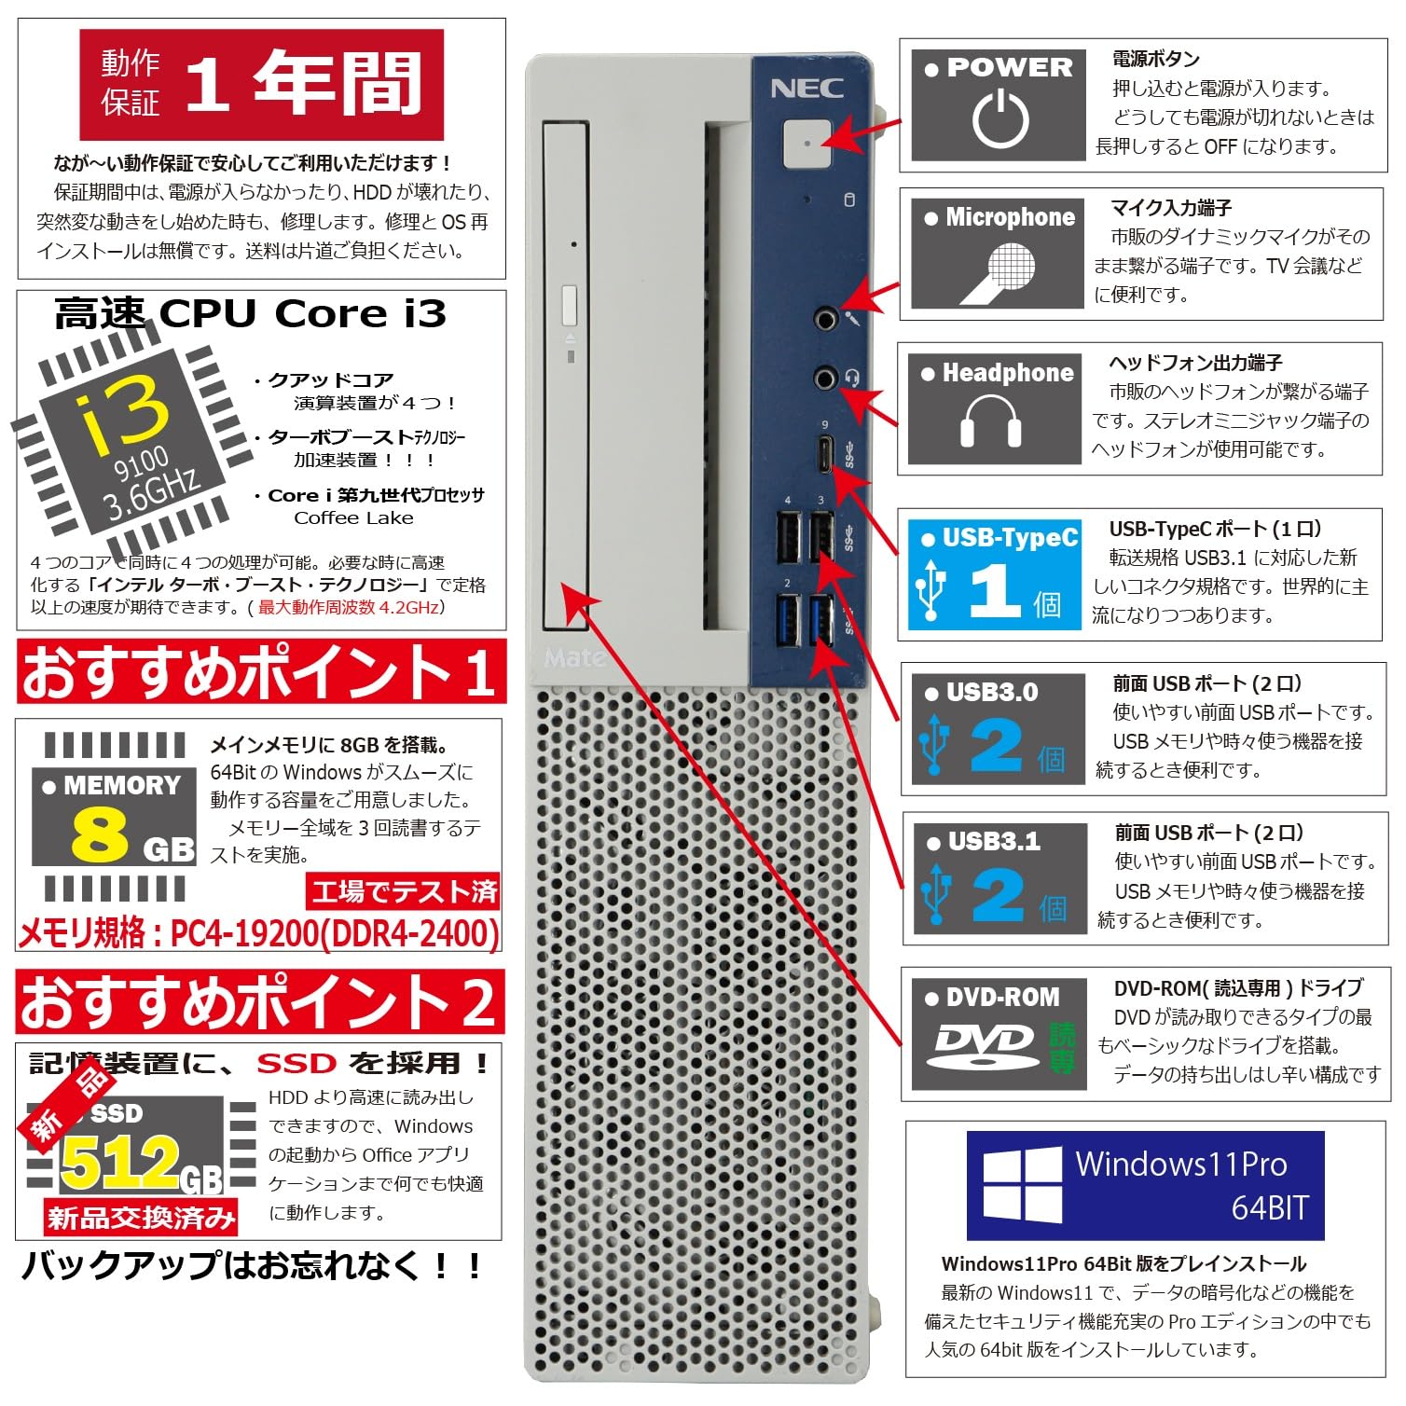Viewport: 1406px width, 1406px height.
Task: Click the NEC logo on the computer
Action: (806, 89)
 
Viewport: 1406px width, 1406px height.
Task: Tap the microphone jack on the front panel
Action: (824, 320)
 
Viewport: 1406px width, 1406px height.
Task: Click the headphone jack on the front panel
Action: (824, 378)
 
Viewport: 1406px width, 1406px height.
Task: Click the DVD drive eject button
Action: (569, 307)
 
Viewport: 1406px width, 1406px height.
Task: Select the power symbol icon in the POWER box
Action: (1000, 119)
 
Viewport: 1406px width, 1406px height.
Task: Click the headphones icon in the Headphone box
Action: (991, 420)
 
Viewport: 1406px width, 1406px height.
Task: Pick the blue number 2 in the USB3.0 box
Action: (996, 746)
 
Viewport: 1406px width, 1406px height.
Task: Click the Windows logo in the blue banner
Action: (1022, 1185)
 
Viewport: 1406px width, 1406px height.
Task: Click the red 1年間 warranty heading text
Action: (304, 84)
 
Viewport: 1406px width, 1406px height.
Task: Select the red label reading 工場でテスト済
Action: (404, 891)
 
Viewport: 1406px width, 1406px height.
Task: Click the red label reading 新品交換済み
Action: (141, 1217)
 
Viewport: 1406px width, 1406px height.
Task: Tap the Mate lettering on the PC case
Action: (572, 658)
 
